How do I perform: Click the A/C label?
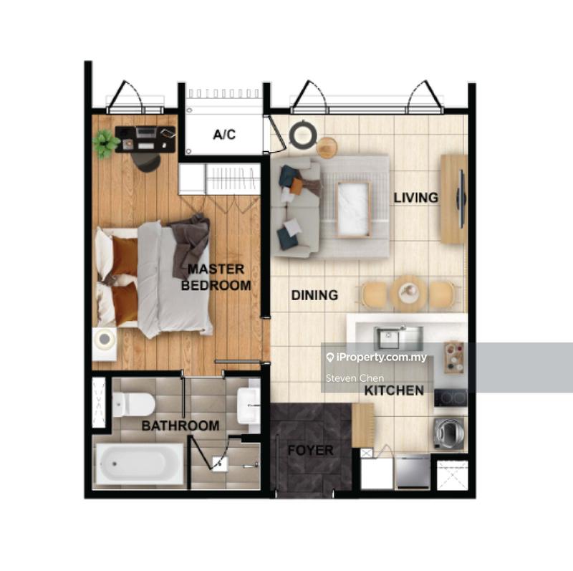coord(224,135)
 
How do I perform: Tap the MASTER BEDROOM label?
coord(216,277)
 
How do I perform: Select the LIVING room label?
coord(415,197)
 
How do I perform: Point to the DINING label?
coord(314,294)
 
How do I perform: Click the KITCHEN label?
coord(394,391)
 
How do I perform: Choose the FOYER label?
coord(310,451)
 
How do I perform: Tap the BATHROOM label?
coord(180,426)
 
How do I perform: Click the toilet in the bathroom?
coord(133,405)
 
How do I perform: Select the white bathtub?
coord(140,464)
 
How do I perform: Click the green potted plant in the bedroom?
coord(106,143)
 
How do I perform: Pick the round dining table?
coord(409,291)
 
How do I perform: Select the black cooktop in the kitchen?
coord(450,397)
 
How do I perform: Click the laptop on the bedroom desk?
coord(146,133)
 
